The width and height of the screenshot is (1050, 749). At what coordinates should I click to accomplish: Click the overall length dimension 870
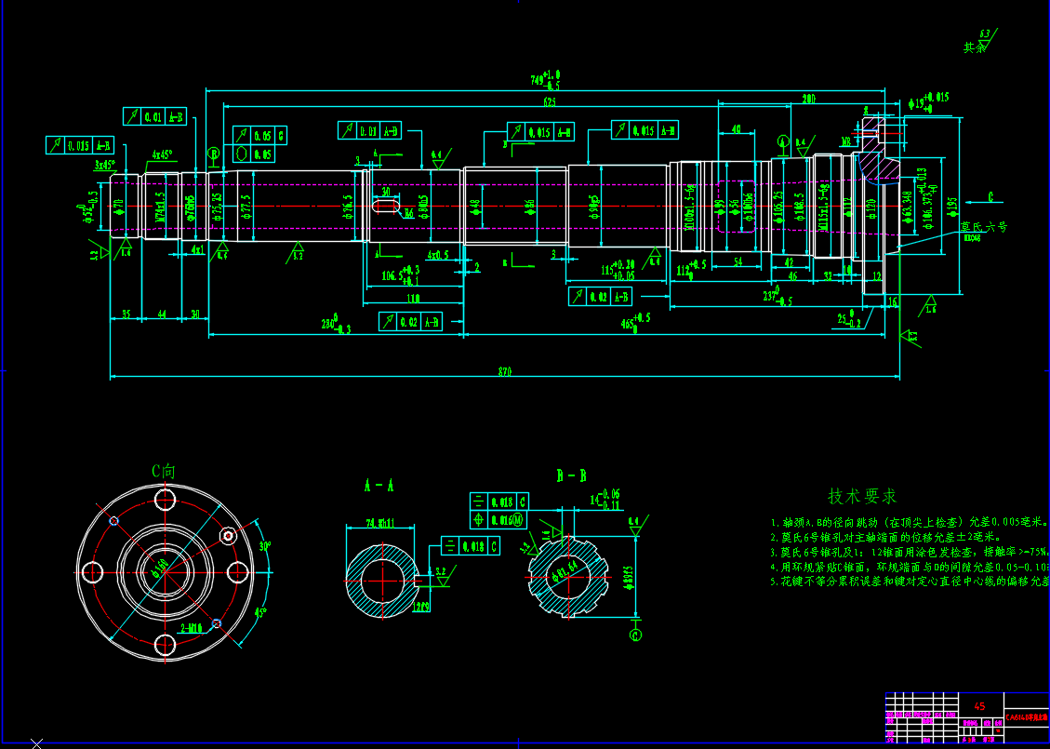(505, 372)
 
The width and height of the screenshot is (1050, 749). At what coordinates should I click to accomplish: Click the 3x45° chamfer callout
(103, 165)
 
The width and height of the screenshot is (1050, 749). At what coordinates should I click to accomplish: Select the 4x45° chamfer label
(162, 155)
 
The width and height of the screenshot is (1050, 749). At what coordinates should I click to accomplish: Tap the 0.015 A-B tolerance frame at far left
(79, 145)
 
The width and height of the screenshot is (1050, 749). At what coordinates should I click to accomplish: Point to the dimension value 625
(550, 101)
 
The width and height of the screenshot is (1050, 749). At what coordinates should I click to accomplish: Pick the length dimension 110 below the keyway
(414, 299)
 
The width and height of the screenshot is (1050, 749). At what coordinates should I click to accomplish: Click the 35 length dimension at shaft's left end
(126, 315)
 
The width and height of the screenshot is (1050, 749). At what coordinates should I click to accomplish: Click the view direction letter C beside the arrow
(990, 197)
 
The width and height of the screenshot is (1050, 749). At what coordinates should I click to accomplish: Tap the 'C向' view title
(164, 471)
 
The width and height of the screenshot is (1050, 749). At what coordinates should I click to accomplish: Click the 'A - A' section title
(379, 486)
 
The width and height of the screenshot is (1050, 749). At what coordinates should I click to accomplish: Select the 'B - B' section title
(571, 476)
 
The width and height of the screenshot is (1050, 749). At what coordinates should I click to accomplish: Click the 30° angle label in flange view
(264, 546)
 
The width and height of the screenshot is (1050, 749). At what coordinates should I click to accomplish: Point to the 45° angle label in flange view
(261, 612)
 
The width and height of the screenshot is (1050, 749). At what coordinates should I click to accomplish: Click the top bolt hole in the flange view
(166, 500)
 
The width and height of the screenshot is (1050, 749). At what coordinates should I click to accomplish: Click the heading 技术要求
(862, 496)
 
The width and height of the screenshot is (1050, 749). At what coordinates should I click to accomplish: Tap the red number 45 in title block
(979, 707)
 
